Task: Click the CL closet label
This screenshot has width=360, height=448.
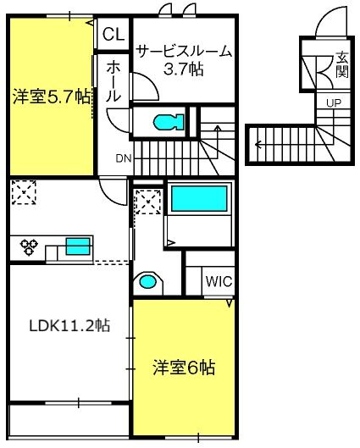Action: click(114, 34)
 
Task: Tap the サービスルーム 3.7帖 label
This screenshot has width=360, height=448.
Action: click(184, 60)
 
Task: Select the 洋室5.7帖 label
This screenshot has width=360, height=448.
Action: click(52, 97)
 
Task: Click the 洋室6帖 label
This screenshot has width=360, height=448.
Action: click(184, 368)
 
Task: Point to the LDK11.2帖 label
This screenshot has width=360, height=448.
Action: click(69, 325)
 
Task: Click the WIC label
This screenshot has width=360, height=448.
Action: click(219, 281)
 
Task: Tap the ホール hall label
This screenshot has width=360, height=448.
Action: click(114, 81)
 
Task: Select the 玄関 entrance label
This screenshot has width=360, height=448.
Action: click(341, 64)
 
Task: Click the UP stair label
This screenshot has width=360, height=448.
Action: click(334, 102)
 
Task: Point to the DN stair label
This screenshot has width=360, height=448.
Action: click(124, 158)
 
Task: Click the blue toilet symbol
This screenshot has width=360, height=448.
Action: click(169, 122)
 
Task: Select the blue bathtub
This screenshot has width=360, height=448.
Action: click(199, 198)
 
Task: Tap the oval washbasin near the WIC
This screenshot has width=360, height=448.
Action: click(147, 282)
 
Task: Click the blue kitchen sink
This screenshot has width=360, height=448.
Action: click(78, 246)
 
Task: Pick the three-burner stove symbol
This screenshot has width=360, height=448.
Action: click(29, 246)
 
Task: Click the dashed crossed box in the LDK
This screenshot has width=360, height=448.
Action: click(24, 192)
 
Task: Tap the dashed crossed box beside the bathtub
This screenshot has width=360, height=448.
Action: click(148, 202)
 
